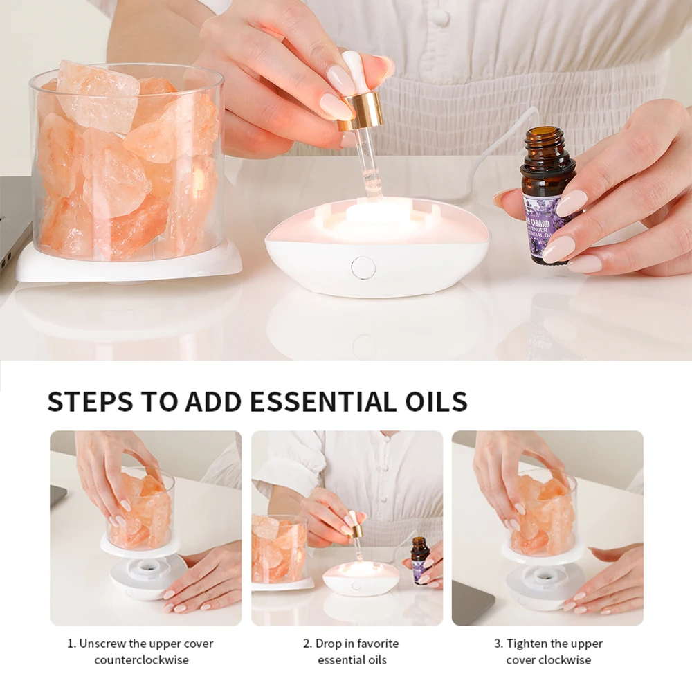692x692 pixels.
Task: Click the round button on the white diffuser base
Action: (x=363, y=267)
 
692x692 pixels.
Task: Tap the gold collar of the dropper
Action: (x=361, y=111)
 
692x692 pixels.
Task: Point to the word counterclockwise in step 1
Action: (x=141, y=659)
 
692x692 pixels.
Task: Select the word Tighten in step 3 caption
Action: (x=528, y=643)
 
